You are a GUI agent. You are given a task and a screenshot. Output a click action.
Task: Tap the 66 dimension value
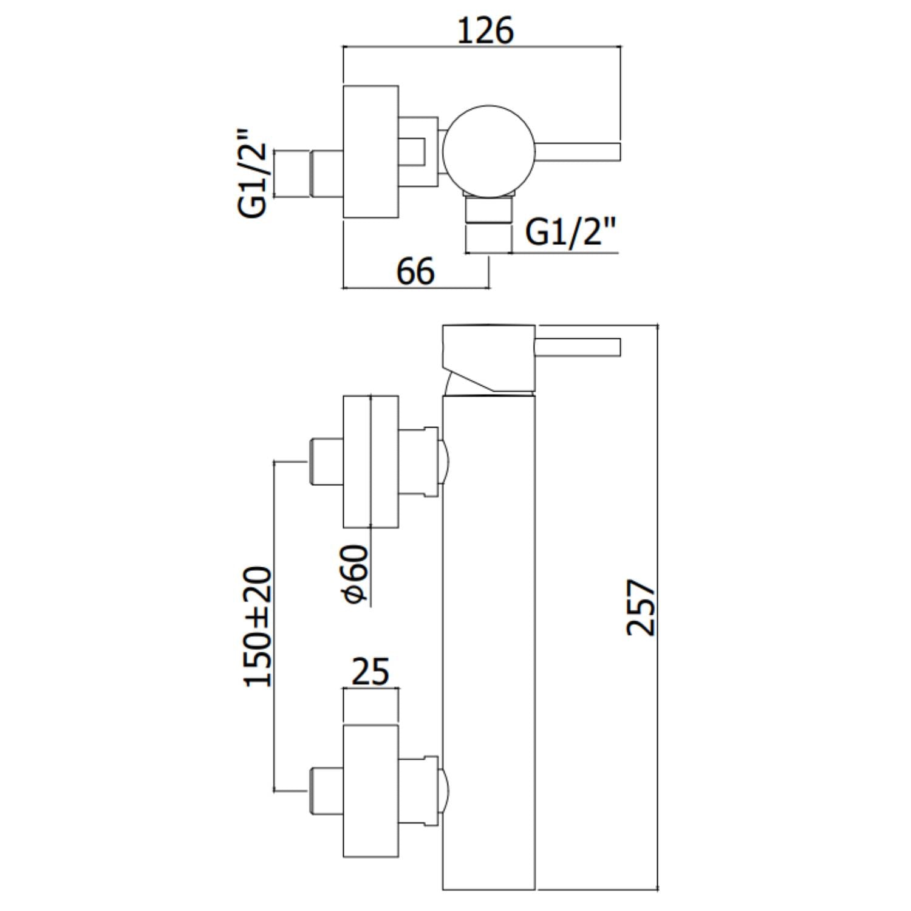click(x=416, y=271)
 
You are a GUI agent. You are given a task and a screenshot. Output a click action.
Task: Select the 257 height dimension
click(x=641, y=607)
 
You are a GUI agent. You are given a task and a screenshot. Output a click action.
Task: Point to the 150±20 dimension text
click(x=258, y=627)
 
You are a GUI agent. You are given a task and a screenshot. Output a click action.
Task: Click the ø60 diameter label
click(x=355, y=574)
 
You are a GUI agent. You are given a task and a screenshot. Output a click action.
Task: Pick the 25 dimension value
click(x=371, y=672)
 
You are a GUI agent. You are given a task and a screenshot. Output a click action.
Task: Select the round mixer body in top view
click(x=488, y=152)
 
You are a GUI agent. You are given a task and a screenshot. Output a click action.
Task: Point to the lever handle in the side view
click(x=577, y=347)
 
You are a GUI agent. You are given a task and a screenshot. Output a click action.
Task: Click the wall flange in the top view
click(x=370, y=152)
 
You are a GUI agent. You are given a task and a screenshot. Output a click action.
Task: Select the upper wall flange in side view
click(x=370, y=462)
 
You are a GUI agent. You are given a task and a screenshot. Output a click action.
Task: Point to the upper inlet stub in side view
click(x=327, y=461)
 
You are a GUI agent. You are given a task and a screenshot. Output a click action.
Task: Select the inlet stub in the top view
click(x=327, y=173)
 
